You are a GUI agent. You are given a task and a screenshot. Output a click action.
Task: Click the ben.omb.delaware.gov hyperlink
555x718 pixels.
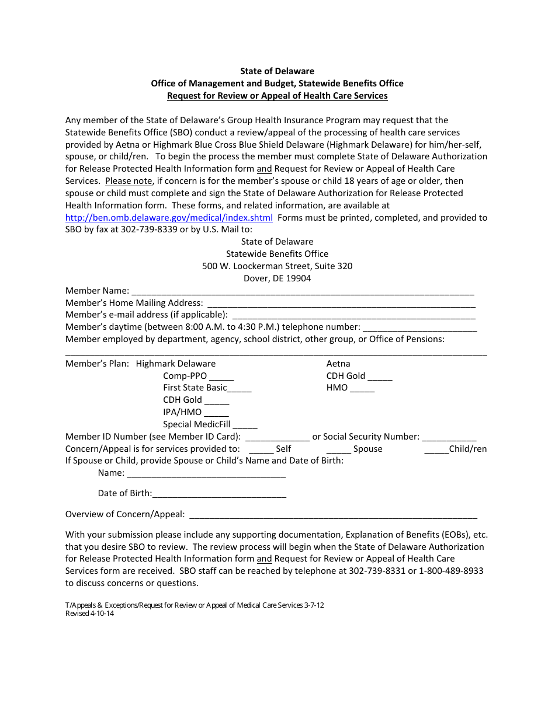tap(169, 218)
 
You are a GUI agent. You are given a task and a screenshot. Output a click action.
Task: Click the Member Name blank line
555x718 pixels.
tap(303, 291)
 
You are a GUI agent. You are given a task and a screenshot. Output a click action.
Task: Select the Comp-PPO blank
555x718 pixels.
tap(221, 377)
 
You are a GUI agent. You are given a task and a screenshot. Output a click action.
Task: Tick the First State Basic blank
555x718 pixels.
tap(240, 389)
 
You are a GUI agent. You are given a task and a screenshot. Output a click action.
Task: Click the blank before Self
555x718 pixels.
tap(261, 450)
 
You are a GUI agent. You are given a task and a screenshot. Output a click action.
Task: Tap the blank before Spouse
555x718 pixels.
tap(338, 450)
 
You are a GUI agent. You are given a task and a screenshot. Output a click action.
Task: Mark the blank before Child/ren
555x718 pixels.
tap(436, 450)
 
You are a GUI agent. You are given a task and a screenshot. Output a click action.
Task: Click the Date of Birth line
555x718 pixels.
tap(219, 494)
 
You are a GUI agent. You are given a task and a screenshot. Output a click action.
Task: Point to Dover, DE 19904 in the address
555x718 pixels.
tap(277, 278)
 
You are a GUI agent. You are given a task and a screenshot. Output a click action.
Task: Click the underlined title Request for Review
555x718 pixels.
tap(277, 96)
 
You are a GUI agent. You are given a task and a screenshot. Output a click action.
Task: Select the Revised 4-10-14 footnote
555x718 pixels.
tap(89, 614)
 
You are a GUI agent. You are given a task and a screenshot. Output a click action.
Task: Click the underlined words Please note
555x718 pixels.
tap(129, 181)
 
